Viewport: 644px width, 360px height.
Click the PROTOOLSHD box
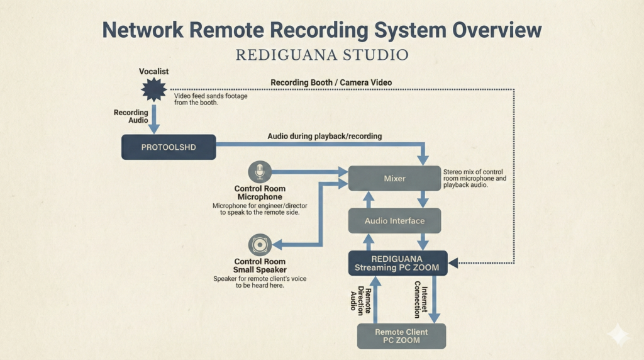(x=168, y=147)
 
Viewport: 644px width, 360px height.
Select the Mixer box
(x=394, y=179)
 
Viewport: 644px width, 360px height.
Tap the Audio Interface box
(x=394, y=221)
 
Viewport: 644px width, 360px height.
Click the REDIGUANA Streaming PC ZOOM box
(x=397, y=263)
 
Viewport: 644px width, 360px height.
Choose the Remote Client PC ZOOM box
(x=401, y=336)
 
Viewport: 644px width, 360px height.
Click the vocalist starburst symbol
(x=153, y=90)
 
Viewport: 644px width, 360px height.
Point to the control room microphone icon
(x=259, y=172)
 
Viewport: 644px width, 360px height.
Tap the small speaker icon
(x=259, y=244)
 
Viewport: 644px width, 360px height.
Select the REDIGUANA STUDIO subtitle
(x=322, y=55)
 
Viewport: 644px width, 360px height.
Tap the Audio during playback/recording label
(x=325, y=136)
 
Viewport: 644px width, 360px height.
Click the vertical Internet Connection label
(x=421, y=300)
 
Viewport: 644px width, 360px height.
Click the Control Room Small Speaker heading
(x=260, y=266)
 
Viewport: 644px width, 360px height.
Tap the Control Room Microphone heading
(x=260, y=193)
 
